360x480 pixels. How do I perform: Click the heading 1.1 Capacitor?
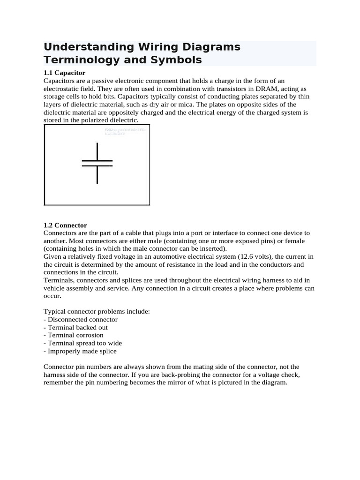[x=64, y=73]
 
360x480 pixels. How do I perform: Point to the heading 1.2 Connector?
[x=65, y=225]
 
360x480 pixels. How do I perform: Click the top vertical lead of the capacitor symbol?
[x=97, y=151]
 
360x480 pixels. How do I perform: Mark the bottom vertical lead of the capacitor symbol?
[x=97, y=174]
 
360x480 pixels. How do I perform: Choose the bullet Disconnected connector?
[x=81, y=319]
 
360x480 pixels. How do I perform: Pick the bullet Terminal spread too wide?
[x=82, y=343]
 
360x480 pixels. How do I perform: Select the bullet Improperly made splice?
[x=80, y=351]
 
